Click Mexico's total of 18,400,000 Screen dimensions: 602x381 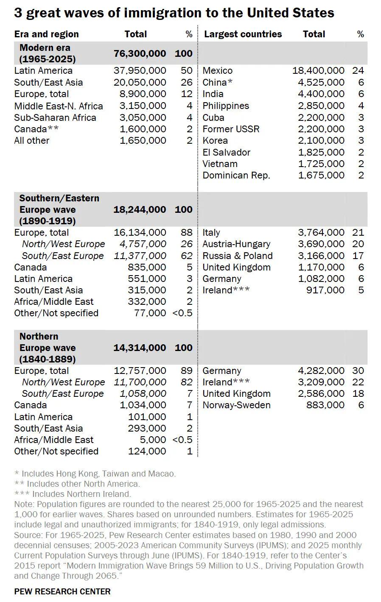click(318, 71)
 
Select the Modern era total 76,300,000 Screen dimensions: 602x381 click(140, 53)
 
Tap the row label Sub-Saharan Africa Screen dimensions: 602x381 click(55, 117)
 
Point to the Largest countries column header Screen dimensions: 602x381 click(243, 34)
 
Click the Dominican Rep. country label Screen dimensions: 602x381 click(236, 176)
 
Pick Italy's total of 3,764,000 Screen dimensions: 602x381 click(321, 232)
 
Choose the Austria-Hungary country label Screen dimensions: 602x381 click(236, 244)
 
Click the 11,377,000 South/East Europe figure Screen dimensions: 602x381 click(140, 256)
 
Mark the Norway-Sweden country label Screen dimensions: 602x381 click(236, 405)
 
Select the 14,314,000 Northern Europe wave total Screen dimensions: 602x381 click(140, 348)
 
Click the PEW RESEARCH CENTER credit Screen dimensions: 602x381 click(62, 591)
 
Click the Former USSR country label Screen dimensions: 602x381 click(231, 129)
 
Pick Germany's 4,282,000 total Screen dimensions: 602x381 click(321, 371)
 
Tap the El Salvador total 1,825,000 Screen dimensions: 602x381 click(321, 152)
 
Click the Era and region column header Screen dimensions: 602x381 click(46, 34)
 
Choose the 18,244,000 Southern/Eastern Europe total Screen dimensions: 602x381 click(140, 209)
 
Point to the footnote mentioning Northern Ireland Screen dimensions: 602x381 click(73, 494)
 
